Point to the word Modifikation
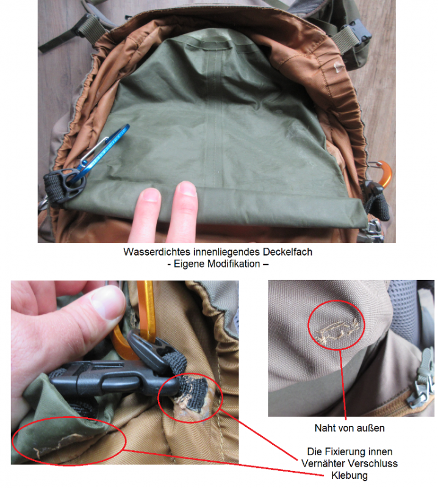point(234,264)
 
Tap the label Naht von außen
point(350,428)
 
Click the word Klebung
point(350,476)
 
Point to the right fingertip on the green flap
point(186,190)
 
